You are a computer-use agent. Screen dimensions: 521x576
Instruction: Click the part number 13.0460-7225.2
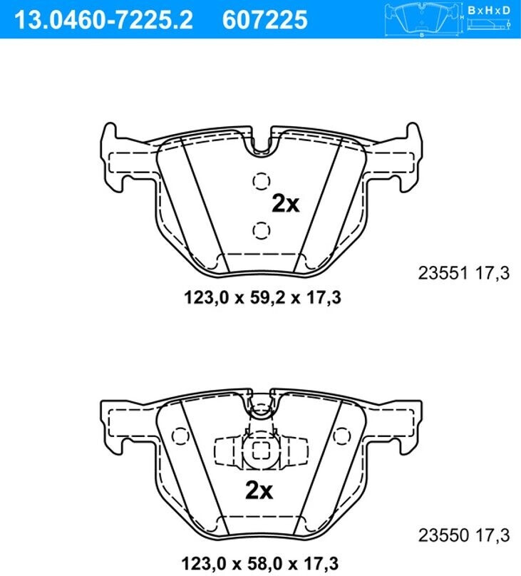[103, 19]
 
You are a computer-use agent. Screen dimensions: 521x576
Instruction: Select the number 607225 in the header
[264, 19]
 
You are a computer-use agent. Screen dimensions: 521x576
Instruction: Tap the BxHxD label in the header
[489, 10]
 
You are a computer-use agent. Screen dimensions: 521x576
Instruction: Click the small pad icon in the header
[423, 19]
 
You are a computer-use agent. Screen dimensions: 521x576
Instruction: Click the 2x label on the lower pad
[259, 490]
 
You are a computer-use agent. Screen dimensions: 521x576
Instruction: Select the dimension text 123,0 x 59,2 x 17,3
[262, 297]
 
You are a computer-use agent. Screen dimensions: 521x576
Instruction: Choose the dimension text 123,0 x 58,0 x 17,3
[260, 563]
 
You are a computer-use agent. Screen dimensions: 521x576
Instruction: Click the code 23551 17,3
[464, 273]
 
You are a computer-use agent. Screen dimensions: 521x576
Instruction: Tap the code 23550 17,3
[464, 535]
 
